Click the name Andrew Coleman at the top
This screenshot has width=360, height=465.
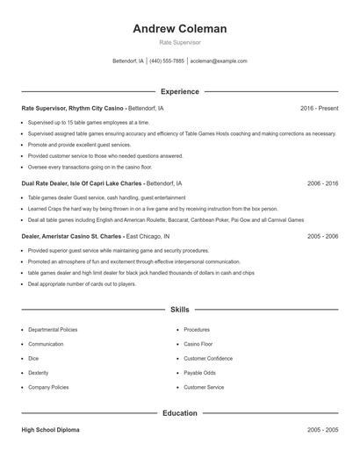179,29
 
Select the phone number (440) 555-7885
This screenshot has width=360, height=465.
167,61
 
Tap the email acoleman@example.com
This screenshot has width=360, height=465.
219,61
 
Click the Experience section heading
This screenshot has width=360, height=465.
179,91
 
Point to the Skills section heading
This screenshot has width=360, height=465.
179,310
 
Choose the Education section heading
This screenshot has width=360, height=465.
179,412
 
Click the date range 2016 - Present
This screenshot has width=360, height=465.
319,108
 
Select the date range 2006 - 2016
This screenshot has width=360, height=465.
322,184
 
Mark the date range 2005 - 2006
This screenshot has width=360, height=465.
322,236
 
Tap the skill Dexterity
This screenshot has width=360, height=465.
40,372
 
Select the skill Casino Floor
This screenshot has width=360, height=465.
198,344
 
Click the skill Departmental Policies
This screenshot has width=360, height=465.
53,330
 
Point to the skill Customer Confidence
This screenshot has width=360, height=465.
208,358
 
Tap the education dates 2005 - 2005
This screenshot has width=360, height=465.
322,431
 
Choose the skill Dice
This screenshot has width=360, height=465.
33,358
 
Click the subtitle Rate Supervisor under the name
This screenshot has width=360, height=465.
179,42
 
